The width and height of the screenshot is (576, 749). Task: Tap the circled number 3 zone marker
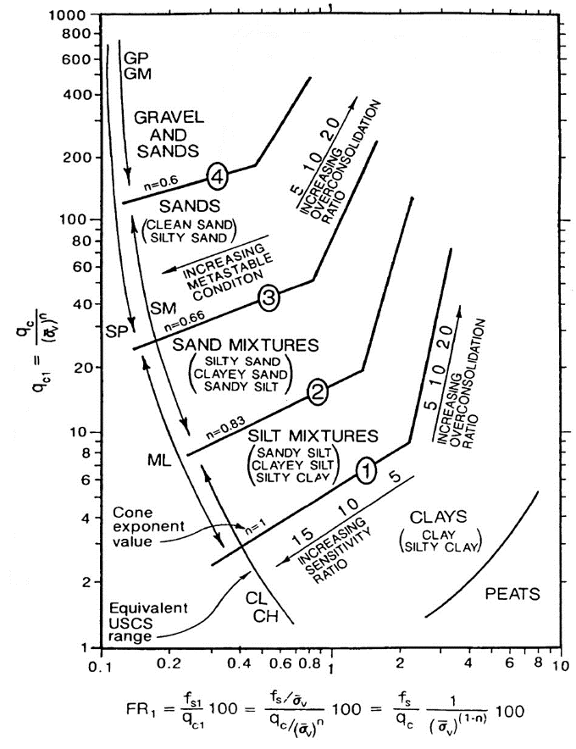(268, 297)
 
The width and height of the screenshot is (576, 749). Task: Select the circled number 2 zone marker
(317, 391)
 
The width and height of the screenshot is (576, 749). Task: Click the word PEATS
(512, 594)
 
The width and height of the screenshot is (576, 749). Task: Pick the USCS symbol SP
(116, 332)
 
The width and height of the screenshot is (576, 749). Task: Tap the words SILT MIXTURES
(312, 436)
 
